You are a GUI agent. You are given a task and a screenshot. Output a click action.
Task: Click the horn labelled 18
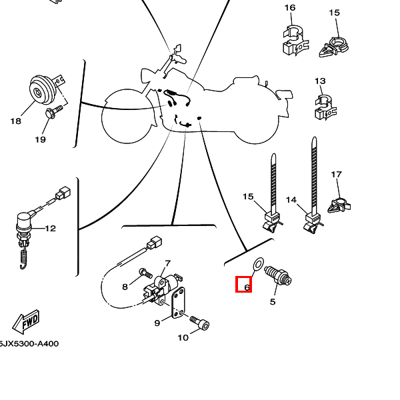click(x=43, y=90)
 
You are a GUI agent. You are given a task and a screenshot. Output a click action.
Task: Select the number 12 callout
click(x=51, y=229)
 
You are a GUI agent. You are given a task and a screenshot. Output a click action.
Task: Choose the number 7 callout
click(x=168, y=264)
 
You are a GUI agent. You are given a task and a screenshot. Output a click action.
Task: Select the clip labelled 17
click(x=339, y=203)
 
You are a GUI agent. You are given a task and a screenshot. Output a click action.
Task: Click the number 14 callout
click(x=291, y=199)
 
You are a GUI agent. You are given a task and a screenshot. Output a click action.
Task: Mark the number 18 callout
click(x=15, y=121)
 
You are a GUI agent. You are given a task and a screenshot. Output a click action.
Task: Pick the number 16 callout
click(x=290, y=8)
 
